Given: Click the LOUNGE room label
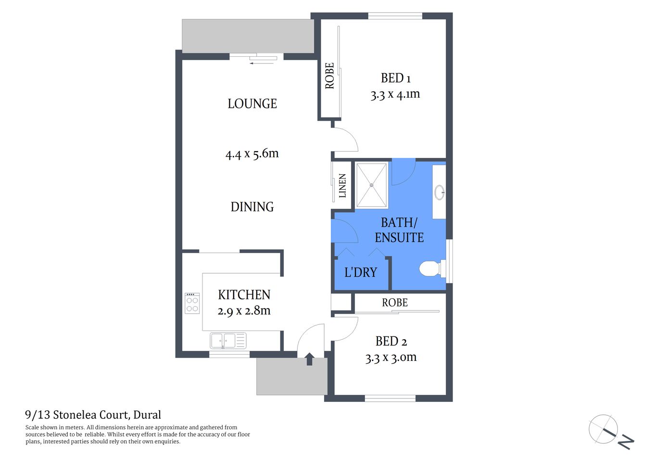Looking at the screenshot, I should coord(252,103).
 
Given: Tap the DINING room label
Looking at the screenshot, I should coord(252,206).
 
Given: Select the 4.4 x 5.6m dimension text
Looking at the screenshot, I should coord(252,154).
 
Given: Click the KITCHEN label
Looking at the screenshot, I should coord(244,295).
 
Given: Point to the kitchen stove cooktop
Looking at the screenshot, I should coord(192,303).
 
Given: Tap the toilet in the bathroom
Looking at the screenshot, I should coord(430,269).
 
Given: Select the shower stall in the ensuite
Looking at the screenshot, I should coord(371,185).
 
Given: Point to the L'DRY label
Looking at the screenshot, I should coord(361,272).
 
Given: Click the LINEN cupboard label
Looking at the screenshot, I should coord(342,186).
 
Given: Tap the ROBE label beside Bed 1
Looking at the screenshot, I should coord(329,76).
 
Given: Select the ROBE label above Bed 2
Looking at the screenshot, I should coord(395,303).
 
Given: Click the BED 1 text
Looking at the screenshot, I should coord(395,78).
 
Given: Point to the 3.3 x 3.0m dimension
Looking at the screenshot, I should coord(391,358).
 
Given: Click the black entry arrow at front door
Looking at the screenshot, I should coord(310,359).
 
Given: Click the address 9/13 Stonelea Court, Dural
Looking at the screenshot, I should coord(93,415).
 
